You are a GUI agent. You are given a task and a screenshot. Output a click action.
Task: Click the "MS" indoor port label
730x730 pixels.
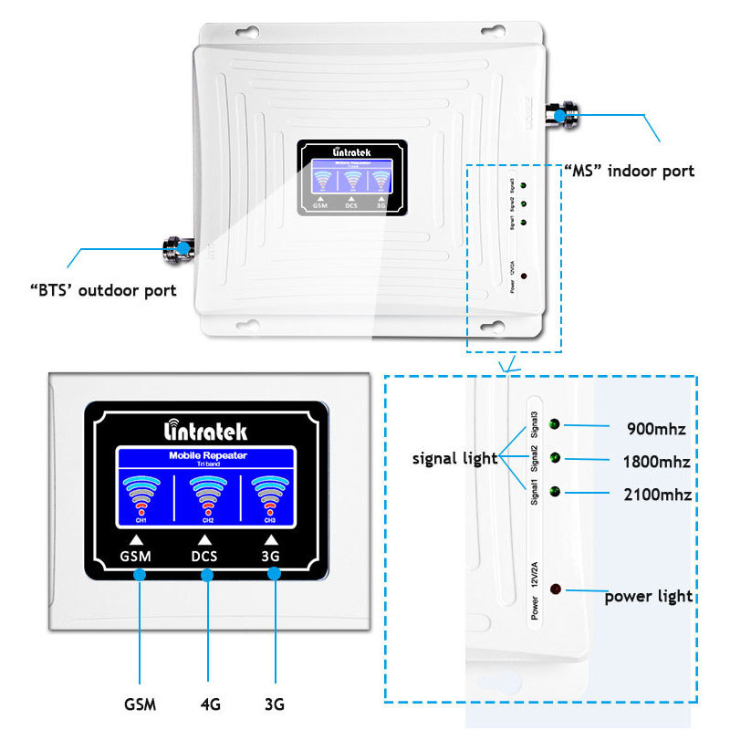tap(629, 171)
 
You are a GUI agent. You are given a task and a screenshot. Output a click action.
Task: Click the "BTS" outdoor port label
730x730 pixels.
tap(103, 291)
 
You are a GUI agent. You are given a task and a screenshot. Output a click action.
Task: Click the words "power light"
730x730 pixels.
tap(648, 597)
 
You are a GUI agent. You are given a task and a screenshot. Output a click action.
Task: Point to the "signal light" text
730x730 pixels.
tap(454, 459)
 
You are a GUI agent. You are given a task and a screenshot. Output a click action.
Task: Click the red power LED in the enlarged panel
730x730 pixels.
tap(556, 592)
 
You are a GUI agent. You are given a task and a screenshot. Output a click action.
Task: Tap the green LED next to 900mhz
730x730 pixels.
tap(556, 425)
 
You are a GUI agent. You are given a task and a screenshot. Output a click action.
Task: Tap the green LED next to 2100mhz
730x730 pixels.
tap(556, 494)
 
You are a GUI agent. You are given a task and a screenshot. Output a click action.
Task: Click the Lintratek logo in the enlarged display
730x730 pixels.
tap(204, 431)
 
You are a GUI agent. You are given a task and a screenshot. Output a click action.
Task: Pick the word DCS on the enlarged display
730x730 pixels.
tap(207, 555)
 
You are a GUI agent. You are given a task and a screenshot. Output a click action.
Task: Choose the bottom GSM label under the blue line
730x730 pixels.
tap(140, 704)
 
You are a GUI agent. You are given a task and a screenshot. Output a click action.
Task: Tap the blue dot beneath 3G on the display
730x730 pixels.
tap(274, 575)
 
